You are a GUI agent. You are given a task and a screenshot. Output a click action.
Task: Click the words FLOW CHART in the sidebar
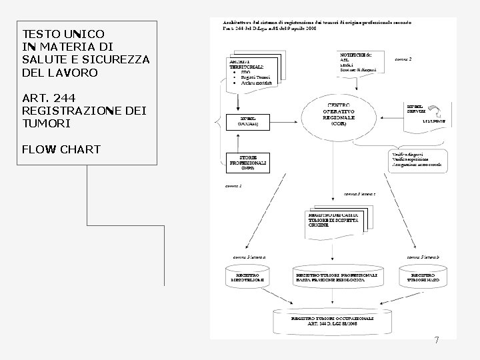point(61,149)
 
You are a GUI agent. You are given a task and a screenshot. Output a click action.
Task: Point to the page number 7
point(437,341)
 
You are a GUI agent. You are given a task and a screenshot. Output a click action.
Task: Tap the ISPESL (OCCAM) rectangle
point(247,121)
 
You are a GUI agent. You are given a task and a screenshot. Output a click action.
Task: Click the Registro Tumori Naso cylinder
point(423,277)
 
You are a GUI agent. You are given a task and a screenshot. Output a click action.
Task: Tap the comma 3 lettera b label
point(423,256)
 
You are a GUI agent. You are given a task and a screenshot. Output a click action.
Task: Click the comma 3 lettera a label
point(249,256)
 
